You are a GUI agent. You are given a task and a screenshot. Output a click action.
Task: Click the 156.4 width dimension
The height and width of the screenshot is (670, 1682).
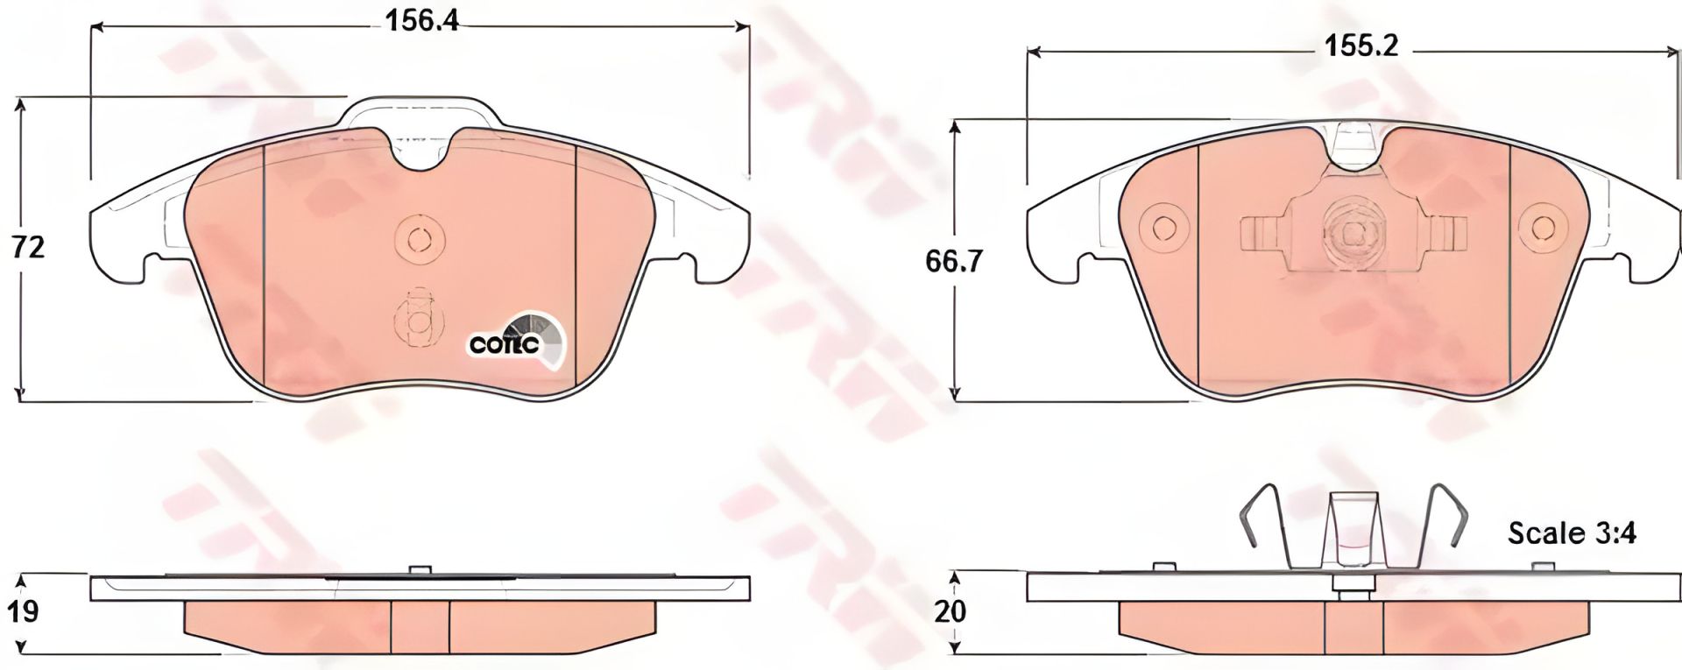coord(422,20)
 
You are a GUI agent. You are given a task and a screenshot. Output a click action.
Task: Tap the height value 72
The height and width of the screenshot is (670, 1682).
coord(28,248)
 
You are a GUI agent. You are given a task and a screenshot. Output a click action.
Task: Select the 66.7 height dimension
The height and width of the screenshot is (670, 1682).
coord(950,261)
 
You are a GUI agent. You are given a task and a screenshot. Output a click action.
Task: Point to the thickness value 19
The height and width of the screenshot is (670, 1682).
coord(26,610)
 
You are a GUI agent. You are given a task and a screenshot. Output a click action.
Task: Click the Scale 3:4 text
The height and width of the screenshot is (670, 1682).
coord(1572,532)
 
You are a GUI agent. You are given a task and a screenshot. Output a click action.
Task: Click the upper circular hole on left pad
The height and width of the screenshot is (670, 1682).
coord(420,238)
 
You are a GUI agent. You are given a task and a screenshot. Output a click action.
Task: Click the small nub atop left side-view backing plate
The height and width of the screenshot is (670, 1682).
coord(420,569)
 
